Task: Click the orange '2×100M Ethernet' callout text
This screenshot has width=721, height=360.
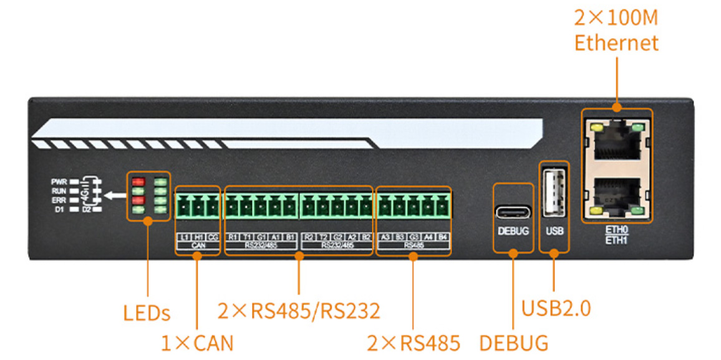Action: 616,29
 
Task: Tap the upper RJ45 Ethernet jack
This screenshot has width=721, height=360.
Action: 617,142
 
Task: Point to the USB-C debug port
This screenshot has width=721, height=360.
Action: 513,212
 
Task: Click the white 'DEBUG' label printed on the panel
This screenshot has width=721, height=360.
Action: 513,231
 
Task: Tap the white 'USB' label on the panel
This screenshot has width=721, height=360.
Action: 554,231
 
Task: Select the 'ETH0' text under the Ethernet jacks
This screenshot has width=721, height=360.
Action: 616,230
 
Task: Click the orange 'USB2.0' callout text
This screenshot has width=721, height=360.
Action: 556,308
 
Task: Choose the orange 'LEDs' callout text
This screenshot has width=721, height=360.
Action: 147,313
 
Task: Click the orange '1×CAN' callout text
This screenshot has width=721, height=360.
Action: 197,343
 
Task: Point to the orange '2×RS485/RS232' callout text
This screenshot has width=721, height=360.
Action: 299,310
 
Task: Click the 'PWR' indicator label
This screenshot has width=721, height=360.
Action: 59,182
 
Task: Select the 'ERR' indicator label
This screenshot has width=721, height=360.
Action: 59,201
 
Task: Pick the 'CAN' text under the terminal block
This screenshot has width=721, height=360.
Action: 197,246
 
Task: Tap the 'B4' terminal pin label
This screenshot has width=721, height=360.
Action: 442,237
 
